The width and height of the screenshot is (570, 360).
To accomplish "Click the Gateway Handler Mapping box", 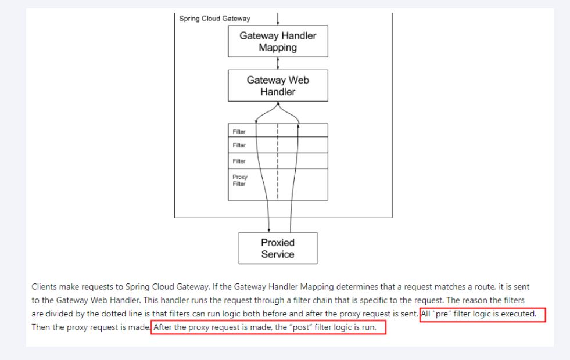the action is coord(278,41).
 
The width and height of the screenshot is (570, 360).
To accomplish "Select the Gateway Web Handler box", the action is coord(278,86).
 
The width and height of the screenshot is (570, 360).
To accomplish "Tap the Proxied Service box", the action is coord(278,248).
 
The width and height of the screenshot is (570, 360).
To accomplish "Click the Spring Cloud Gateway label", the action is coord(214,19).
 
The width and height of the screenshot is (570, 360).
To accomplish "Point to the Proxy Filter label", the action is coord(239,180).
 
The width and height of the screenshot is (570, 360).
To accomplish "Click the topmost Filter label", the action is coord(239,131).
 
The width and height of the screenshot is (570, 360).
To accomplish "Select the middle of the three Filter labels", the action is coord(239,145).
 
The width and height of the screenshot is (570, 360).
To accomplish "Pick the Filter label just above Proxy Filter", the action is coord(239,161).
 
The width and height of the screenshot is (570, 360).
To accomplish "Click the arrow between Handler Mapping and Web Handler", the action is coord(278,63).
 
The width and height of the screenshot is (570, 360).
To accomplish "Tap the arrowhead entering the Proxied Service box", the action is coord(269,231).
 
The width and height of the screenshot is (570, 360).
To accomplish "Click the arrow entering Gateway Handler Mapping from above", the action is coord(278,19).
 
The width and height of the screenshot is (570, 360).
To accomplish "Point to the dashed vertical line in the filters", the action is coord(278,161).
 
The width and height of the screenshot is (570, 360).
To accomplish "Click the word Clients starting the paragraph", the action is coord(44,287).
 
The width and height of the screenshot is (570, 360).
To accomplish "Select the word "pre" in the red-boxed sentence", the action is coord(442,314).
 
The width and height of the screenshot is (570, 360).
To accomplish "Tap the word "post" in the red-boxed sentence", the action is coord(301,327).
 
